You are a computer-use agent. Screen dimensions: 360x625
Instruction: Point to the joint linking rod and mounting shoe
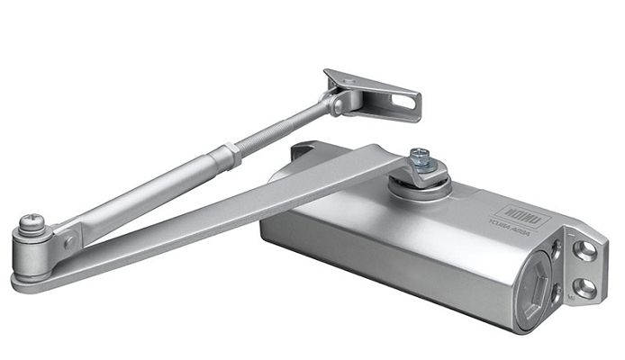coord(337,103)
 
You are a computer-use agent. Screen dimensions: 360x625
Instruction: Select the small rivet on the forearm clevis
coord(69,242)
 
